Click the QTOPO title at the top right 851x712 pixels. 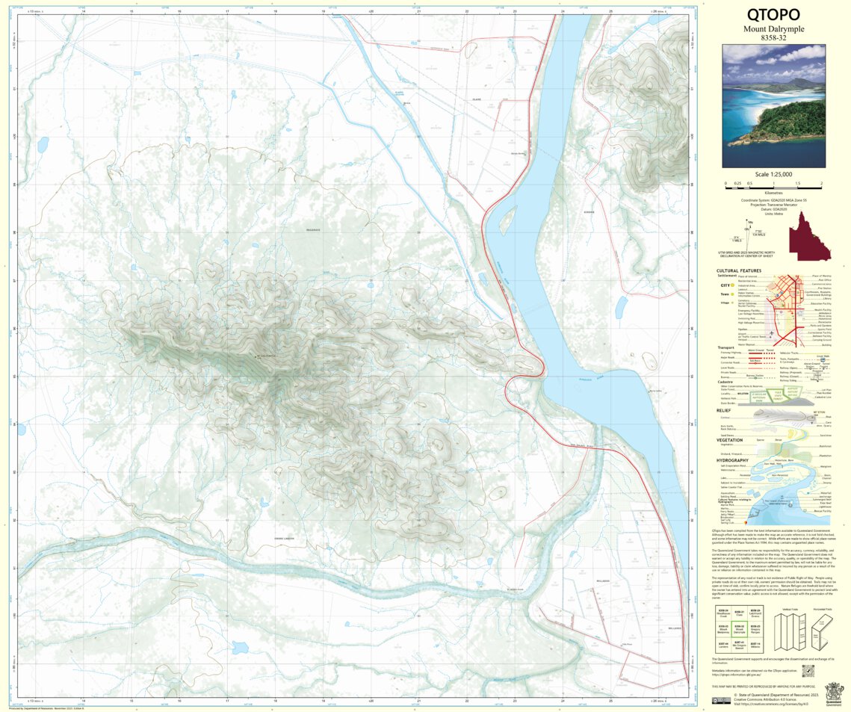[773, 15]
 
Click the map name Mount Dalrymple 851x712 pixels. [773, 28]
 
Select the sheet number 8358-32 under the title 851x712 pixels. [773, 37]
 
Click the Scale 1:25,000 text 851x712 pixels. [773, 174]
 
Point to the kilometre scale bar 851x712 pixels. [773, 183]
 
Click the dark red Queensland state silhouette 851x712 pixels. [807, 237]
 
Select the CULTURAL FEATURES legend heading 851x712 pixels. [739, 270]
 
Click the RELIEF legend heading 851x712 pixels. [722, 410]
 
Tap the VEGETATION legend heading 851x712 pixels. [728, 440]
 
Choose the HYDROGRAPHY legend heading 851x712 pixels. [733, 460]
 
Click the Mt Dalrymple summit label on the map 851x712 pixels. [267, 356]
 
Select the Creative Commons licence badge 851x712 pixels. [721, 701]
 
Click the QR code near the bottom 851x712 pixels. [808, 672]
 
